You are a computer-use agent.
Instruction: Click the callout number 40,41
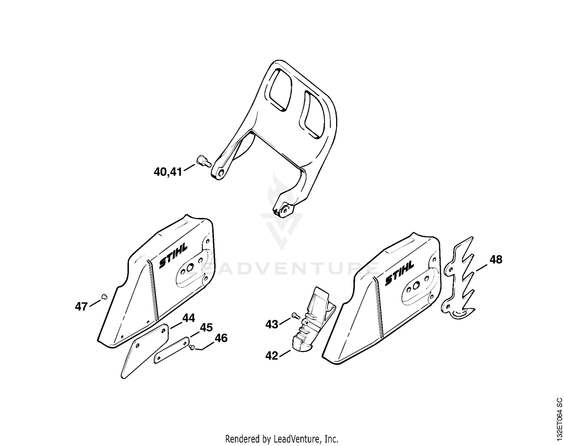[x=168, y=172]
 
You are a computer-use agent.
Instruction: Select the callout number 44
[x=189, y=318]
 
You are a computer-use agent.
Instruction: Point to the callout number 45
[x=206, y=327]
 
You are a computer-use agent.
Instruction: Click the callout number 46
[x=221, y=338]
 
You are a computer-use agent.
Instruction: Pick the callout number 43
[x=271, y=325]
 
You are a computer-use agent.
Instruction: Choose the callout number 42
[x=271, y=356]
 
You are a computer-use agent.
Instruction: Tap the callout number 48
[x=496, y=260]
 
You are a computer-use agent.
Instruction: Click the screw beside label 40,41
[x=204, y=161]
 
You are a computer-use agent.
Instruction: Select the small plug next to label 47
[x=104, y=297]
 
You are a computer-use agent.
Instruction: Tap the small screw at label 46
[x=192, y=347]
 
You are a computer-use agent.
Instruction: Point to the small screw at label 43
[x=296, y=316]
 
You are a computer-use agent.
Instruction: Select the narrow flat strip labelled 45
[x=172, y=351]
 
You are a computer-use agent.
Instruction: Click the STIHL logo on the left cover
[x=173, y=256]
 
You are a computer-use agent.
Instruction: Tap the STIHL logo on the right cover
[x=399, y=273]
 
